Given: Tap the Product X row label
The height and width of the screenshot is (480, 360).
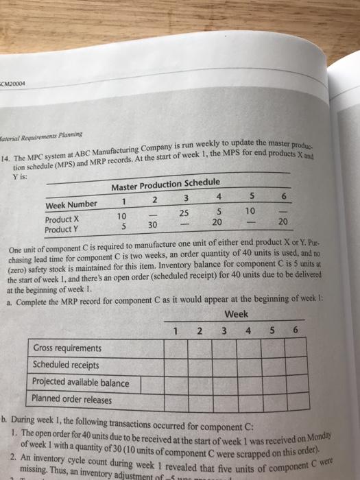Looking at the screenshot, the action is coord(64,219).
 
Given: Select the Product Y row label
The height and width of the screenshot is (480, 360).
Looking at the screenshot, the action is coord(64,230).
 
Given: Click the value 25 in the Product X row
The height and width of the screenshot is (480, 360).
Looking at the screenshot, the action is coord(185,214).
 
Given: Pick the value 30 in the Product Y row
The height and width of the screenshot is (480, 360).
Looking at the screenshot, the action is coord(154,225).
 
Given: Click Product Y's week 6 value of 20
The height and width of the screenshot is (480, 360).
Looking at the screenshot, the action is coord(283,221).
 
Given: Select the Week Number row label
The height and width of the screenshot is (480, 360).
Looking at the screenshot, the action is coord(72,204).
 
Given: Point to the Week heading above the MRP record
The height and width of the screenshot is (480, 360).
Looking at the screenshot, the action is coord(235,315).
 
